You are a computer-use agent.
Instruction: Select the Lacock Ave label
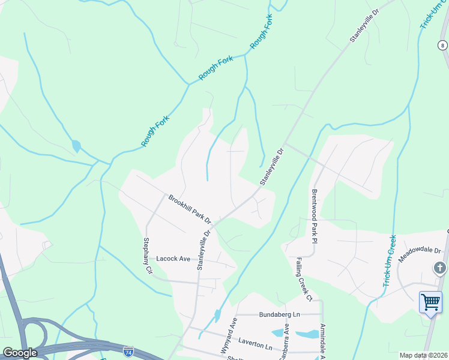click(173, 259)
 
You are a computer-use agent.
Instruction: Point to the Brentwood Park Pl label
click(313, 215)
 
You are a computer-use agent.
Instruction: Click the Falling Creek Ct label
click(304, 279)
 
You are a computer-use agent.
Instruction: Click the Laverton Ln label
click(255, 347)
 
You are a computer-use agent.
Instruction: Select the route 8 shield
click(442, 46)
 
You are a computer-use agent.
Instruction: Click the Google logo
click(20, 353)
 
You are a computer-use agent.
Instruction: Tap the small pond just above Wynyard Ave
click(217, 315)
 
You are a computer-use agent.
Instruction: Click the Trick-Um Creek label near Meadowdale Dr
click(390, 260)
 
